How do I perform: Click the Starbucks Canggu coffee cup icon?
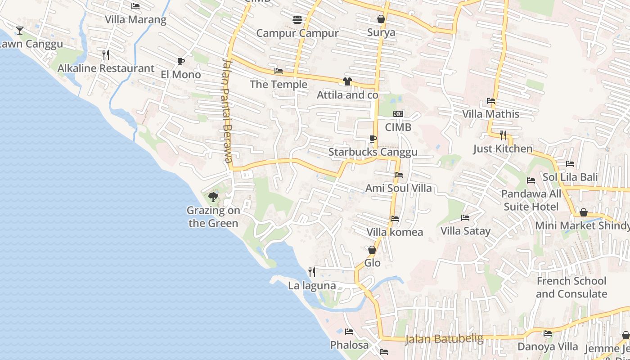click(x=373, y=139)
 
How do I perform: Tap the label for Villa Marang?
click(x=135, y=20)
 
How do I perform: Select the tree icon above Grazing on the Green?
click(x=213, y=197)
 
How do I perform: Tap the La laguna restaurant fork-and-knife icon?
click(x=311, y=272)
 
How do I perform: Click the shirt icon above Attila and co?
click(x=347, y=81)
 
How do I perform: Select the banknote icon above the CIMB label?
click(x=398, y=114)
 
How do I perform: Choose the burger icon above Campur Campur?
click(x=297, y=19)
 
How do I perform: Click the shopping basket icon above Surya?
click(x=381, y=19)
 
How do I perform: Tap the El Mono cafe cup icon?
click(x=181, y=61)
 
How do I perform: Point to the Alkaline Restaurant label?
click(x=106, y=68)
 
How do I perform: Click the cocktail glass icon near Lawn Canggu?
click(x=20, y=31)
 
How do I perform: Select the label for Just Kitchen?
click(x=503, y=148)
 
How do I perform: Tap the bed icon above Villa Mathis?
click(x=490, y=101)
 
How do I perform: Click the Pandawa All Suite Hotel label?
click(x=531, y=200)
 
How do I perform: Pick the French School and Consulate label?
click(x=571, y=288)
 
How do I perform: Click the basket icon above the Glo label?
click(x=372, y=250)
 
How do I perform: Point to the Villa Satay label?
click(x=465, y=231)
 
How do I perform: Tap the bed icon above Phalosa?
click(x=349, y=332)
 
